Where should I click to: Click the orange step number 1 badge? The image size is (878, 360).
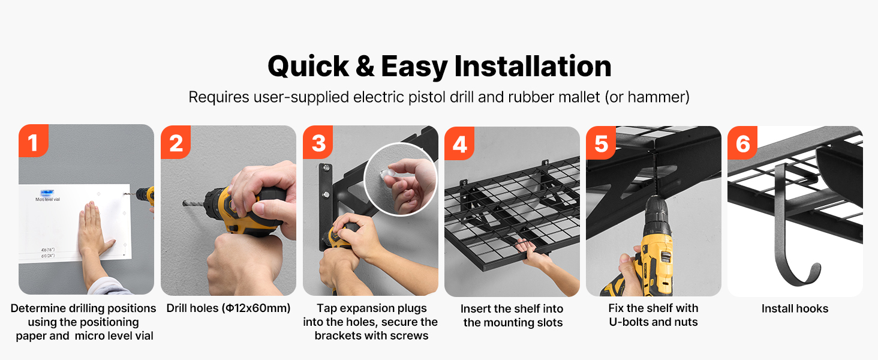pos(34,141)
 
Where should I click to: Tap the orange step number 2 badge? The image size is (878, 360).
pos(176,142)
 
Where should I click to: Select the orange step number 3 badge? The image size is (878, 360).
pos(318,142)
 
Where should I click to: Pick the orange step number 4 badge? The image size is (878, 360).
pos(459,143)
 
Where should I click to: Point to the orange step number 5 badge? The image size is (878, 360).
pos(601,143)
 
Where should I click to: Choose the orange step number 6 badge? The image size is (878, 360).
pos(742,143)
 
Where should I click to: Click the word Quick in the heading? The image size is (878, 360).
pos(308,67)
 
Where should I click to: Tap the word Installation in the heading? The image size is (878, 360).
pos(533,66)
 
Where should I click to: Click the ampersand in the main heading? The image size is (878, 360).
pos(365,66)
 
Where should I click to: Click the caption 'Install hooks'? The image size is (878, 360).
pos(795,308)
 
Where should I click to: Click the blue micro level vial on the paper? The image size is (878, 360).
pos(47,192)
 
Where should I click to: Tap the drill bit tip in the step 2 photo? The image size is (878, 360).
pos(184,203)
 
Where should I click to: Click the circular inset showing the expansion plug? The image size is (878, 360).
pos(401,179)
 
